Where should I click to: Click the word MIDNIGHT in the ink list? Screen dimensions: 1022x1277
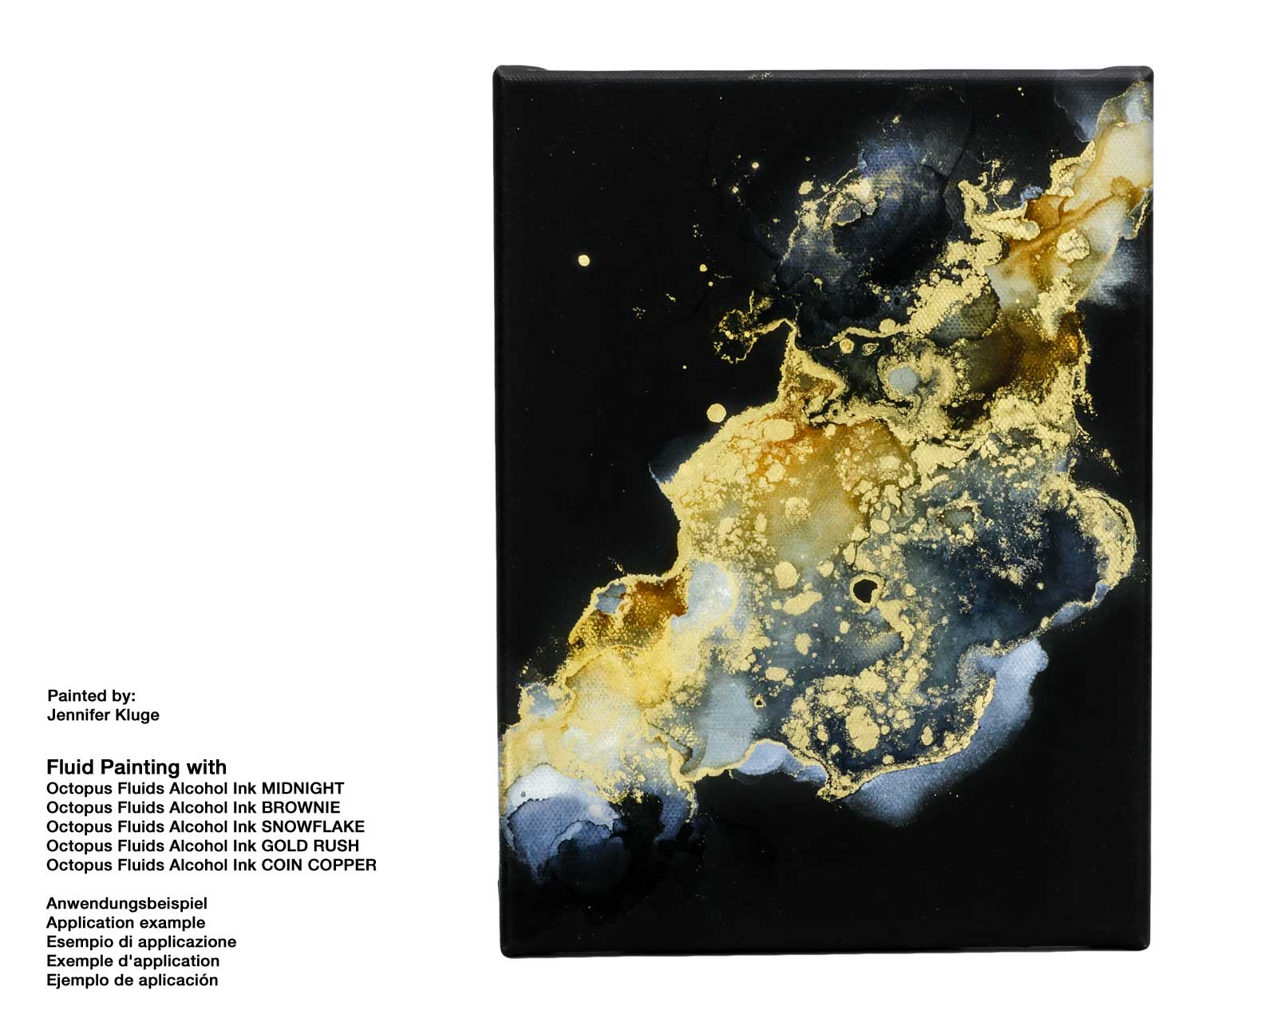(302, 788)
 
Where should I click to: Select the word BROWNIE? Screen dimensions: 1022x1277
(300, 807)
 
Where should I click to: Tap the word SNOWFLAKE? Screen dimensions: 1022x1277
(313, 826)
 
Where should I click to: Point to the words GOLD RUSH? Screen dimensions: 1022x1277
(310, 846)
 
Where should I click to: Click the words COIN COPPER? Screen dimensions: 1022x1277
(319, 865)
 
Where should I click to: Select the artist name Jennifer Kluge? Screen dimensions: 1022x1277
(103, 715)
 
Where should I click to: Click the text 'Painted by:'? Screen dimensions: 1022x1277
(92, 695)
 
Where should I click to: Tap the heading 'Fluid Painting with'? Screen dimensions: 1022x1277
(136, 767)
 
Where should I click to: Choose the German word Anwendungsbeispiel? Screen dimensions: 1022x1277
(127, 903)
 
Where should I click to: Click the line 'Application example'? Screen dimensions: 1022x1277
(125, 922)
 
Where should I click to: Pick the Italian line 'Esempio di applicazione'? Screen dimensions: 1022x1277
(141, 941)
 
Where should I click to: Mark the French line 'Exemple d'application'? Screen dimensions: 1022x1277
(132, 961)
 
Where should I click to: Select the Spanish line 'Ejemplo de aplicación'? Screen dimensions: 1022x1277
(132, 980)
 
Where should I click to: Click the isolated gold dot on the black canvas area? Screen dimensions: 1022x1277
(583, 260)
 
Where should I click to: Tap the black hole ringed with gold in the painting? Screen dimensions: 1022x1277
(864, 590)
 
